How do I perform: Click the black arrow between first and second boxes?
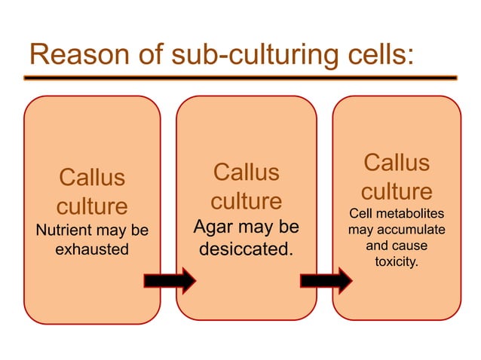170,280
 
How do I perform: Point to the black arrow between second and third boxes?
326,280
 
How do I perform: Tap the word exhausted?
92,249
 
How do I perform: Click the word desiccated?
246,247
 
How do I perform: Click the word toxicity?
396,261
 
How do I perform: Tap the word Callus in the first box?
92,178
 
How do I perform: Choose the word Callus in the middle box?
246,172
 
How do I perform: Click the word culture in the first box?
92,206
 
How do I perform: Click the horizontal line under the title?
240,78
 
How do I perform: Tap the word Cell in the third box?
361,214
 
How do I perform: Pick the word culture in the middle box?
246,201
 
